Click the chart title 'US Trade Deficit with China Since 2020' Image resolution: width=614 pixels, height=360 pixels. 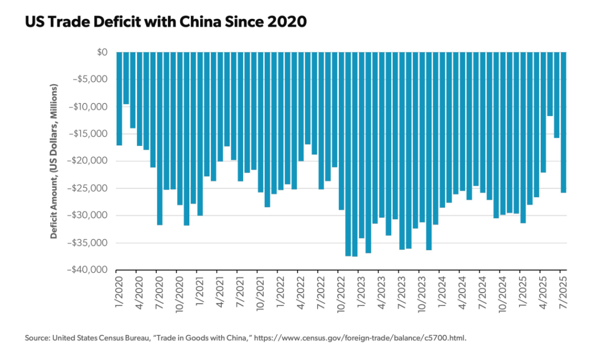tap(166, 21)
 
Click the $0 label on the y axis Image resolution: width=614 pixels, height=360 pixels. tap(102, 52)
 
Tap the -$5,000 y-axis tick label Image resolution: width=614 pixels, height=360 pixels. tap(90, 79)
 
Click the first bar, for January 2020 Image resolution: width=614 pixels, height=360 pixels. tap(119, 99)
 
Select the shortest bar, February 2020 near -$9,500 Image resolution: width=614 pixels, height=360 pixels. tap(126, 78)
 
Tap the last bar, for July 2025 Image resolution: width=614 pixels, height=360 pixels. tap(563, 122)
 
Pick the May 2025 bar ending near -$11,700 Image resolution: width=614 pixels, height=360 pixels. tap(550, 84)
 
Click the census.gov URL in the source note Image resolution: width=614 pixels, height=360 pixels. tap(360, 337)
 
